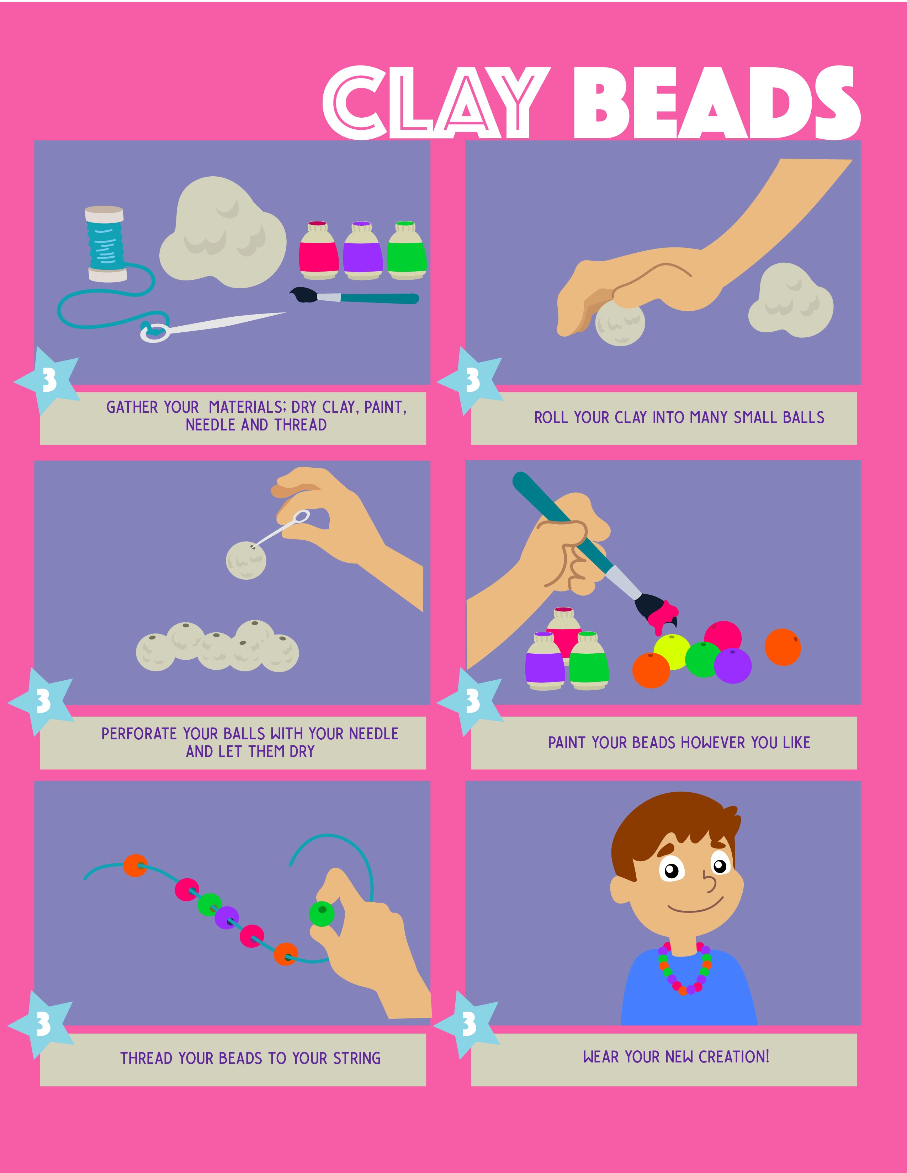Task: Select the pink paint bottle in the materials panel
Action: point(319,250)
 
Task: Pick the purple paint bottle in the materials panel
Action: point(363,250)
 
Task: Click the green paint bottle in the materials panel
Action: point(407,250)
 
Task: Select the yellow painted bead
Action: point(673,652)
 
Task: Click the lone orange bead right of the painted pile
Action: point(783,647)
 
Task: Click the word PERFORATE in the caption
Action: point(139,733)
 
